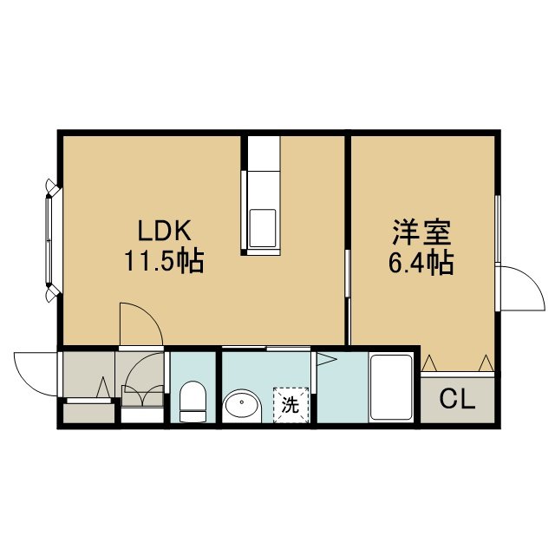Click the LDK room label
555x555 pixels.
click(164, 231)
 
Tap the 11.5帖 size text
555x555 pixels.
click(164, 262)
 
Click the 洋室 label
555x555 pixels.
click(421, 232)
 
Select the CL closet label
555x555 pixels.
click(457, 400)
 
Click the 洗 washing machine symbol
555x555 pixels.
click(291, 405)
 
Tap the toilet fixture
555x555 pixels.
click(193, 402)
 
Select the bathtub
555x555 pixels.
click(390, 388)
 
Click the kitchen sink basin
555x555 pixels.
click(262, 228)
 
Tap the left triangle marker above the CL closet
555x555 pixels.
click(430, 363)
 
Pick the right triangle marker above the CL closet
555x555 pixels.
click(486, 363)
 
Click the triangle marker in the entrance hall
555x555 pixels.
click(103, 388)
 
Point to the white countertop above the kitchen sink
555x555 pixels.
click(264, 153)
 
